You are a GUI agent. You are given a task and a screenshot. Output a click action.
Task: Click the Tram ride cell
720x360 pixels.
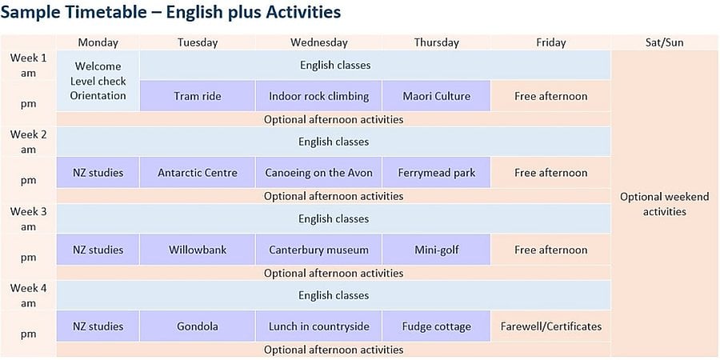(197, 96)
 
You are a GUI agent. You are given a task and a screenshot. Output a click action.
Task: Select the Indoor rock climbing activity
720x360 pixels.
(318, 96)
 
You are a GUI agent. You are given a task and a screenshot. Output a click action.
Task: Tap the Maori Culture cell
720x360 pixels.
(436, 96)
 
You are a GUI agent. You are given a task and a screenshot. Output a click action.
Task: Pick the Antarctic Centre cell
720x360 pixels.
(197, 173)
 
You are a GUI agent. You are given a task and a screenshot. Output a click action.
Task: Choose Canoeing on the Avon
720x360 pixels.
(318, 173)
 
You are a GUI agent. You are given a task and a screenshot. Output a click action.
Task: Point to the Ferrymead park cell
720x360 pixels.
(436, 173)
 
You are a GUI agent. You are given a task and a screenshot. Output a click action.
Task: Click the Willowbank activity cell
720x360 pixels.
(197, 250)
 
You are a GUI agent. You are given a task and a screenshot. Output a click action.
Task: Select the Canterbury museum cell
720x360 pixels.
(318, 250)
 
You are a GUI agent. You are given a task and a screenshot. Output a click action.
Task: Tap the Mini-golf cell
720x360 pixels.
(436, 250)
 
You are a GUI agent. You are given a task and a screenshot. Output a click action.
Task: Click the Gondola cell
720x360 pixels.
(197, 326)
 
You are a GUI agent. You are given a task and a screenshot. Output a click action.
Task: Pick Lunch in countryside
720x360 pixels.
(318, 326)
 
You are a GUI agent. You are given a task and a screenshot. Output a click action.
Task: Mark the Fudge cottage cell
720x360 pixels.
(436, 326)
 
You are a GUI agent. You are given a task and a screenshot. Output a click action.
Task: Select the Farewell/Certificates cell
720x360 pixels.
(550, 326)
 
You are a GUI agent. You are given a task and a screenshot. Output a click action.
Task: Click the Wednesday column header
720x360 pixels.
(318, 42)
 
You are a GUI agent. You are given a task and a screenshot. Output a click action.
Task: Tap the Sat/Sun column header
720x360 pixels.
(665, 42)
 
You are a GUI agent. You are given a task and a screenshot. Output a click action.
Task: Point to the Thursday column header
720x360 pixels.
(436, 42)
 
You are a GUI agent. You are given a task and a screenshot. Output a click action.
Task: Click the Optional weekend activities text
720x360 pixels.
(665, 204)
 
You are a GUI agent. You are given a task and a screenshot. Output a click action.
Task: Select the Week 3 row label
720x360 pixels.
(28, 219)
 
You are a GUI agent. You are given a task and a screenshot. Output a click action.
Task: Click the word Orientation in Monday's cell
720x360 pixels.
(98, 96)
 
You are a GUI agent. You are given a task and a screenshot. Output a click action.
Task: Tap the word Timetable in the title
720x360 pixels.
(105, 12)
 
